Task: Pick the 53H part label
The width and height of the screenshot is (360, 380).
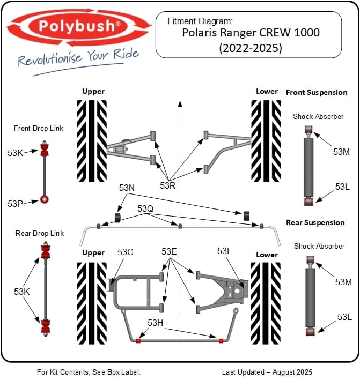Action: [156, 322]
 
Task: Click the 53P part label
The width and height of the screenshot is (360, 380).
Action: [16, 204]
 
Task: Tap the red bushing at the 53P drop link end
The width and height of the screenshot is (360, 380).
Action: [45, 200]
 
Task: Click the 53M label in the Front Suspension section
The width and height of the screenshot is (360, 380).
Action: [341, 152]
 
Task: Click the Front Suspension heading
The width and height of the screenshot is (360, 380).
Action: [317, 92]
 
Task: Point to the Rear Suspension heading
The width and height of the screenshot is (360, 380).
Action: [315, 222]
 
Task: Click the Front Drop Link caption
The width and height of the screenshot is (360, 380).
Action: [39, 128]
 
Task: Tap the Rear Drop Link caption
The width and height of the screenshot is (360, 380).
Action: [40, 233]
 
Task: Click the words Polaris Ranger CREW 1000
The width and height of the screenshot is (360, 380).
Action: [251, 33]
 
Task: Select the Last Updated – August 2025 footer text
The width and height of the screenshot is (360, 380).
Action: [267, 371]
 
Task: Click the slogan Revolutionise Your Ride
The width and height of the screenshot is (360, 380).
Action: [78, 56]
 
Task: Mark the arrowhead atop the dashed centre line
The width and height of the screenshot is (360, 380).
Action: [180, 102]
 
